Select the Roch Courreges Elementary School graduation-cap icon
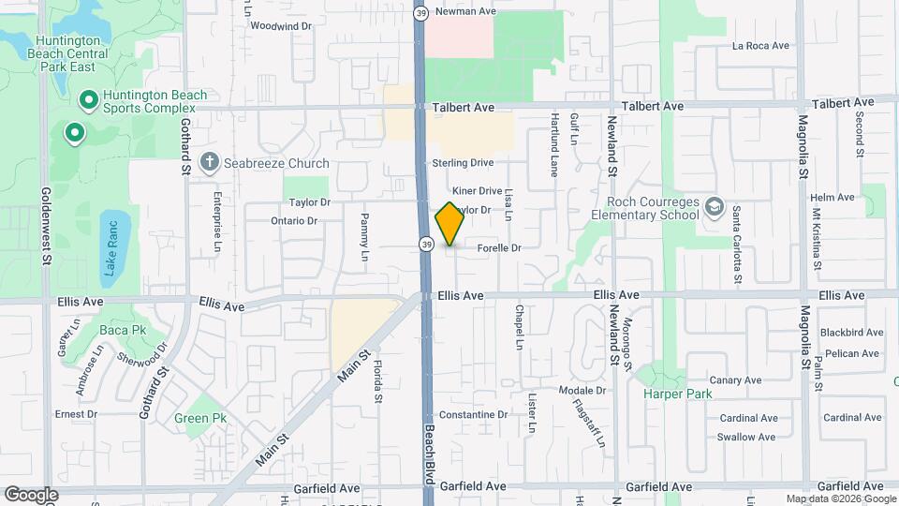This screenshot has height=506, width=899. click(x=715, y=206)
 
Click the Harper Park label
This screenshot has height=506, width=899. click(x=678, y=394)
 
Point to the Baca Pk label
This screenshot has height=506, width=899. click(x=124, y=331)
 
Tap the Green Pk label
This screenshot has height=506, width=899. click(x=200, y=418)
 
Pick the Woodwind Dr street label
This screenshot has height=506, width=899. click(x=281, y=26)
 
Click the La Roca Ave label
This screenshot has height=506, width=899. click(x=761, y=45)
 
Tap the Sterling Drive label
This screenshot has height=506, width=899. click(x=463, y=163)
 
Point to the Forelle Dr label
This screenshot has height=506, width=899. click(x=498, y=248)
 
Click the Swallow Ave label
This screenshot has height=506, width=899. click(x=746, y=438)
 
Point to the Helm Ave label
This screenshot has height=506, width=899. click(x=833, y=198)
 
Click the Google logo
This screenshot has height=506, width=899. click(x=31, y=494)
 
